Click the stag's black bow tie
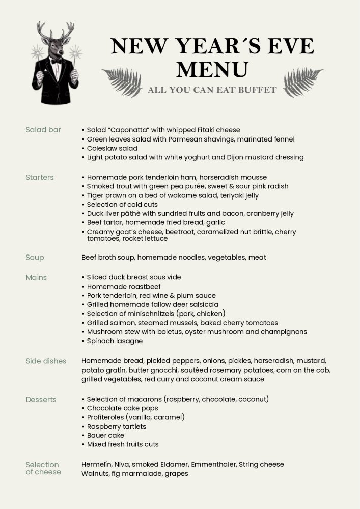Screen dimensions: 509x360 click(x=56, y=61)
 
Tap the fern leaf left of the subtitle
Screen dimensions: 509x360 click(x=122, y=81)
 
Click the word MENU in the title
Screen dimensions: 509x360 click(x=212, y=70)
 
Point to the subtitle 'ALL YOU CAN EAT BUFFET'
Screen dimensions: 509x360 click(x=212, y=90)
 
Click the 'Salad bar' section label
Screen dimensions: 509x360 click(x=43, y=130)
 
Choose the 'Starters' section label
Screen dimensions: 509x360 click(x=40, y=178)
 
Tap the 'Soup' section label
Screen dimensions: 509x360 click(x=35, y=258)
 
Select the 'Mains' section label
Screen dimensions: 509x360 click(x=36, y=277)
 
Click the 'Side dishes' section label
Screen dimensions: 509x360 click(x=46, y=361)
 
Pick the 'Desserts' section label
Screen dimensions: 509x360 click(x=41, y=400)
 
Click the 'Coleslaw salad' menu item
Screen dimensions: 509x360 click(x=112, y=148)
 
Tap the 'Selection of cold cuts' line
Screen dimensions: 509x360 click(x=122, y=205)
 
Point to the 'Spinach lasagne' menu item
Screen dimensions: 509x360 click(x=115, y=341)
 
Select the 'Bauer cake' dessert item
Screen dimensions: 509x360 click(x=105, y=435)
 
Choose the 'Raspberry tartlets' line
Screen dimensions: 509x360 click(x=116, y=426)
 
